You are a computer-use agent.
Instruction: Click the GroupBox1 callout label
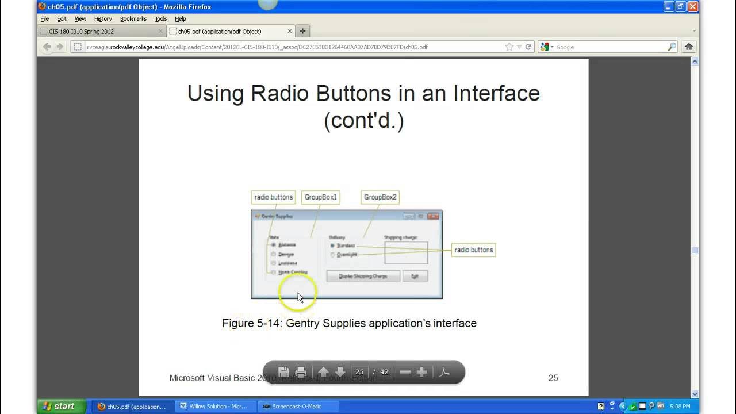point(321,197)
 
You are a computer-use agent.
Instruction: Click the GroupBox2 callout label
point(380,197)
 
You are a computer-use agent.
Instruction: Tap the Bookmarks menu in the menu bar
point(133,18)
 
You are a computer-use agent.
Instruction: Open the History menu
point(103,18)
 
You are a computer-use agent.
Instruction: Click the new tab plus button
point(303,31)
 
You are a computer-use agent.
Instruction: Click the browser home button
point(688,47)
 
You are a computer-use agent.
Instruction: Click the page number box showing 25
point(360,372)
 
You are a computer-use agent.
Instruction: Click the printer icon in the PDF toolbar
point(300,372)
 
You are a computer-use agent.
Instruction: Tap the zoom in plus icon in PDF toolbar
point(421,372)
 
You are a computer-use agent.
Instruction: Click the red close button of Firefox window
point(692,7)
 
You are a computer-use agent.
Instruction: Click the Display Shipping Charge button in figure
point(363,277)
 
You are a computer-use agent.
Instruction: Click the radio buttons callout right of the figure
point(473,250)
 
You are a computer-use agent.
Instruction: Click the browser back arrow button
point(47,47)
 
